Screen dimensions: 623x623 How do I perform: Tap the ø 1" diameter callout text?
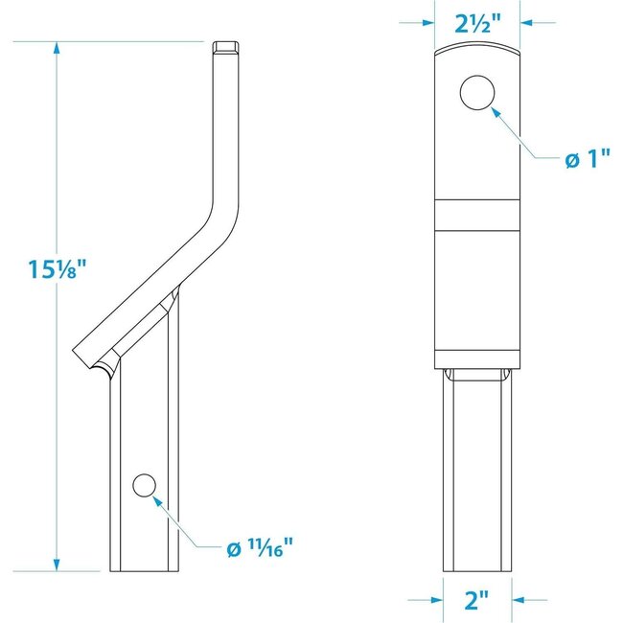tap(587, 160)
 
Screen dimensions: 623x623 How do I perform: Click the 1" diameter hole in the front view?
tap(476, 94)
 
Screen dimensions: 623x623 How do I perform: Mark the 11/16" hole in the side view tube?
tap(144, 486)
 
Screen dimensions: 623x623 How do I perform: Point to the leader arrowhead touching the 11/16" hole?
tap(161, 498)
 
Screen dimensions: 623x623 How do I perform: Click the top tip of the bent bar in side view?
tap(225, 46)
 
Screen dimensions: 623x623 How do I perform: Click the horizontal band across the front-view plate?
tap(476, 216)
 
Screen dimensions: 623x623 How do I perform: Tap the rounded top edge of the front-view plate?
tap(476, 50)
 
